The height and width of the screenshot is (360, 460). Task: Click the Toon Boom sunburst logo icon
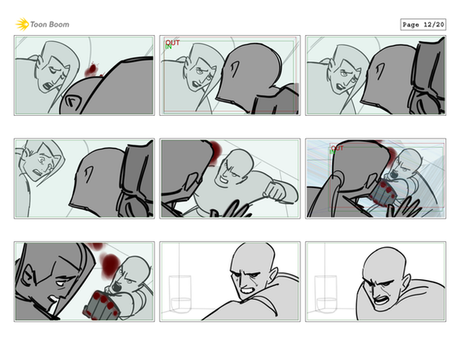(22, 24)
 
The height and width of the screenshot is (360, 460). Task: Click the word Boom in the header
(59, 25)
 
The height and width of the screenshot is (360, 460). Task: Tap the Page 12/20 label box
(423, 25)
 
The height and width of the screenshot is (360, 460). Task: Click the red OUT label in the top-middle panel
(173, 43)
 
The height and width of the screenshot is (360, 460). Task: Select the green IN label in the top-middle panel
(168, 47)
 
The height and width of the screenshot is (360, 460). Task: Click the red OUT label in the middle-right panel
(337, 148)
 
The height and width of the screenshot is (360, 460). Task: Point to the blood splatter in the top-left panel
(92, 70)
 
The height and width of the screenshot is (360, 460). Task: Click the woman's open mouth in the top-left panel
(47, 86)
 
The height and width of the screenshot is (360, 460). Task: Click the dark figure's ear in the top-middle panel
(234, 69)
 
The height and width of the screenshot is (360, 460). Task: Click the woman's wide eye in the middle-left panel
(43, 160)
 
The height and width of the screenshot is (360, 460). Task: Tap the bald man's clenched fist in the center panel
(275, 190)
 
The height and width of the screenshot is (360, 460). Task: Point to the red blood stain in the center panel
(215, 152)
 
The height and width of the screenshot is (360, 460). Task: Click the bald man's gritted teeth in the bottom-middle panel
(247, 290)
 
